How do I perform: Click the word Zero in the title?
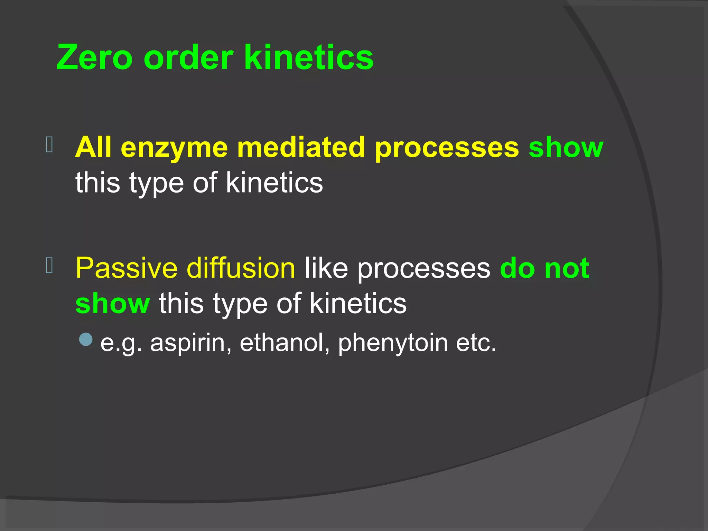tap(94, 57)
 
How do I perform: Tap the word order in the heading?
tap(188, 57)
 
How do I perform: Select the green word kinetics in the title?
tap(309, 57)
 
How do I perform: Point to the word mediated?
tap(301, 148)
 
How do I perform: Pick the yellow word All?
tap(93, 148)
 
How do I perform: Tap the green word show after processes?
tap(566, 148)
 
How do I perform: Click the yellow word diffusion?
tap(241, 268)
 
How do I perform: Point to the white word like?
tap(326, 268)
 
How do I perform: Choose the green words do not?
tap(544, 268)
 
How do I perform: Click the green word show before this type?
tap(113, 304)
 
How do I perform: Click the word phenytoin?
tap(393, 344)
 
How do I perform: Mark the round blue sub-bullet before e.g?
tap(86, 339)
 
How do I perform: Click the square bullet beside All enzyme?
tap(49, 145)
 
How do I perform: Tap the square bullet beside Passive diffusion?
tap(49, 265)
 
